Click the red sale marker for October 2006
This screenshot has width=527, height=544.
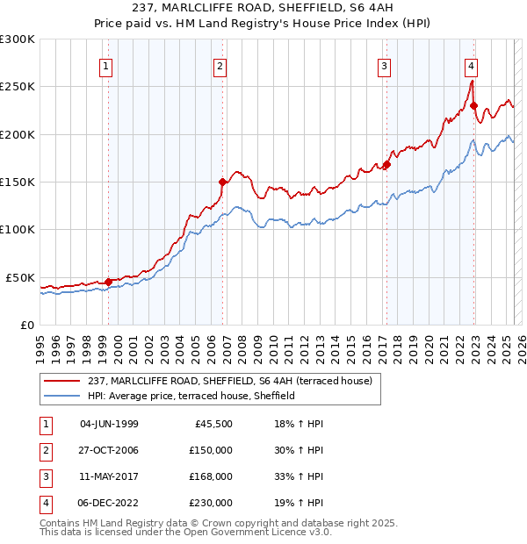(x=223, y=183)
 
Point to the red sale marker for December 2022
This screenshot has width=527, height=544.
(x=473, y=106)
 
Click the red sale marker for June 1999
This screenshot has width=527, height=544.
(x=109, y=282)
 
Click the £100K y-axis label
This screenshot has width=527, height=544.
(x=18, y=229)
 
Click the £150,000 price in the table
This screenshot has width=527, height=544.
(x=211, y=450)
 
